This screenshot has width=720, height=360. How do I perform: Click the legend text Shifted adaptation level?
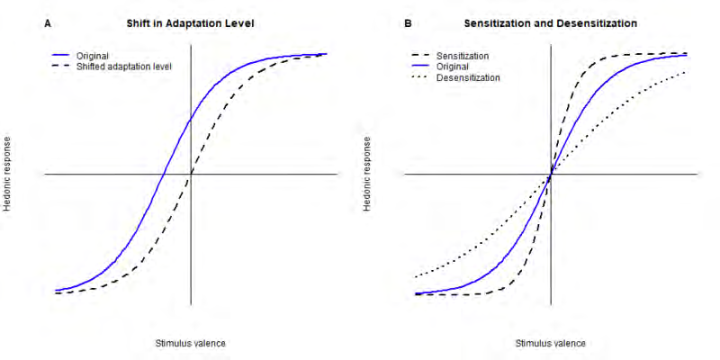pyautogui.click(x=125, y=67)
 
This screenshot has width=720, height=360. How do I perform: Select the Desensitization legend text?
pyautogui.click(x=468, y=77)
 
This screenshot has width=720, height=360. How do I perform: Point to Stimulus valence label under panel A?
pyautogui.click(x=191, y=343)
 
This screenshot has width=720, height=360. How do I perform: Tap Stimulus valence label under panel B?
pyautogui.click(x=550, y=343)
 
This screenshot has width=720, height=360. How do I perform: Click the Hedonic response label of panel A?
pyautogui.click(x=8, y=175)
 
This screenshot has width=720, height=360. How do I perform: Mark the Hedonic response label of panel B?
pyautogui.click(x=368, y=175)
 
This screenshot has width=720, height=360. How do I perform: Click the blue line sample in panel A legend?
pyautogui.click(x=62, y=56)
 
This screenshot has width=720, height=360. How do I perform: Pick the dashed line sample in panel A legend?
pyautogui.click(x=62, y=67)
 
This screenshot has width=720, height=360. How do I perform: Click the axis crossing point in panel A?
pyautogui.click(x=191, y=175)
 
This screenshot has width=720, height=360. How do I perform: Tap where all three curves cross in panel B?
pyautogui.click(x=551, y=175)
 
